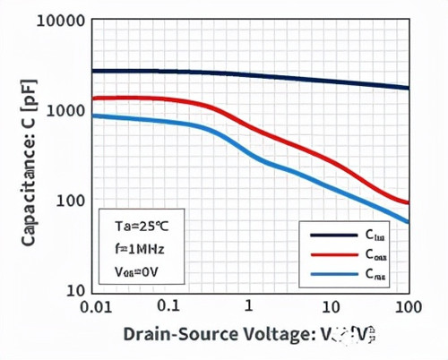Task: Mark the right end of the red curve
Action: [x=409, y=203]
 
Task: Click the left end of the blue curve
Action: [x=94, y=116]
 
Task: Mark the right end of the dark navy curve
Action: [x=409, y=88]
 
